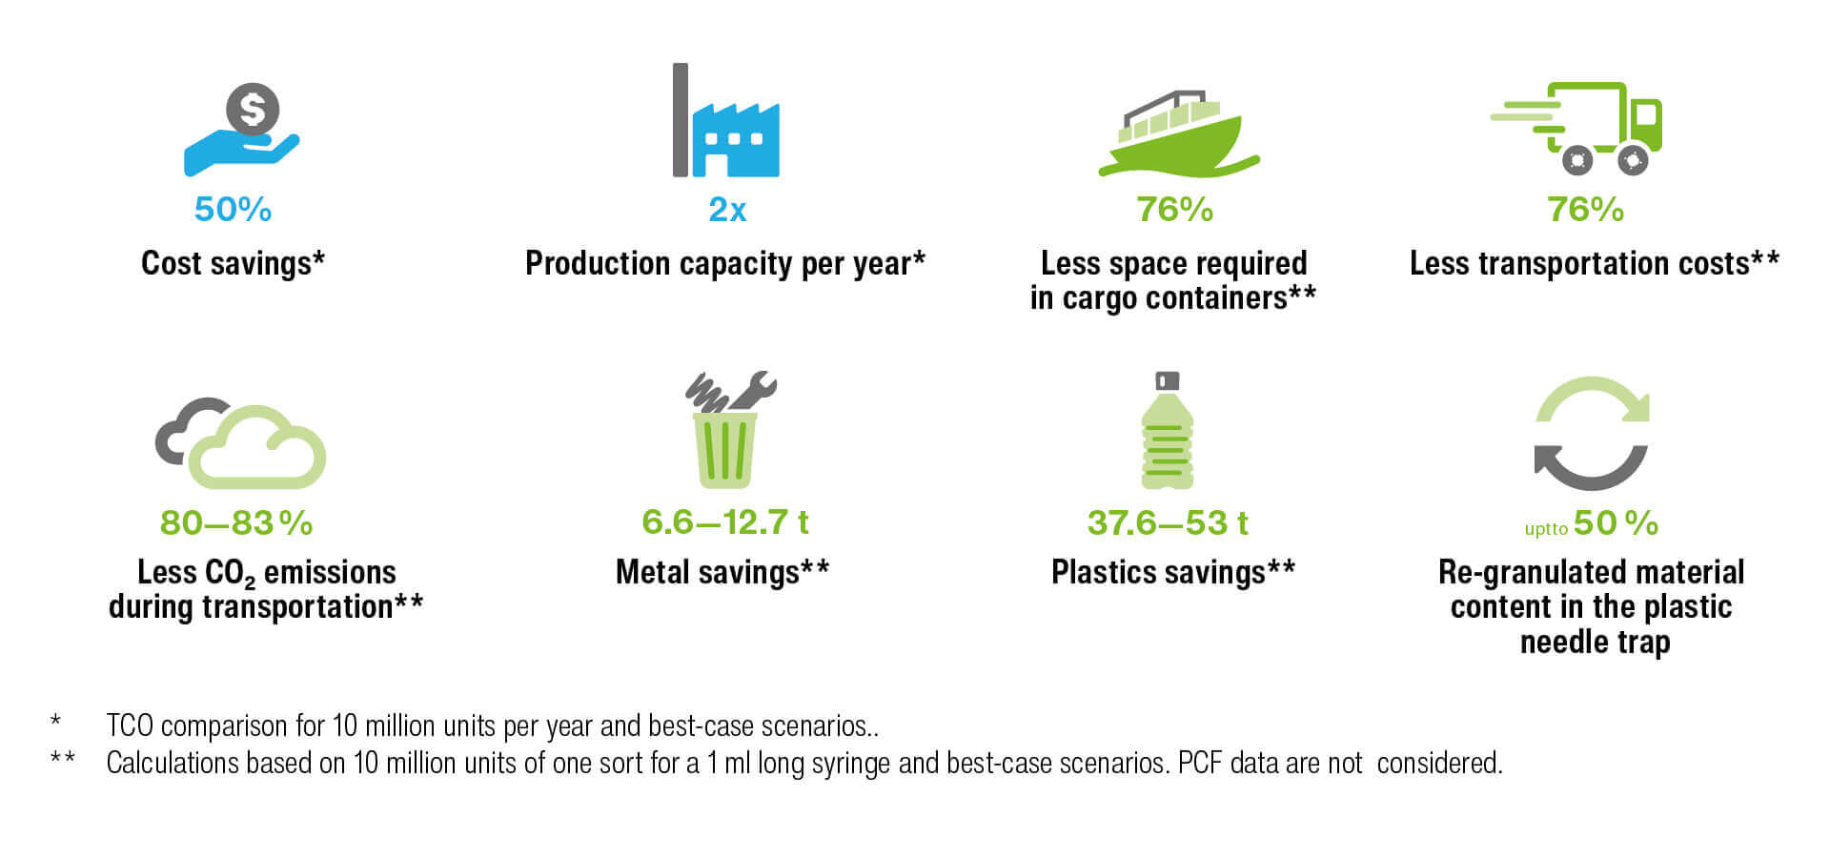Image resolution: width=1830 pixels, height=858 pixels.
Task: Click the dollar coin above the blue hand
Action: tap(253, 110)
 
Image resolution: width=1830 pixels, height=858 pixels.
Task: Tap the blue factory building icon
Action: tap(736, 139)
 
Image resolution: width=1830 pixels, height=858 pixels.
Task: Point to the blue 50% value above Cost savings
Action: tap(233, 210)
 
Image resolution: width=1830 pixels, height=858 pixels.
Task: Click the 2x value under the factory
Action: tap(727, 210)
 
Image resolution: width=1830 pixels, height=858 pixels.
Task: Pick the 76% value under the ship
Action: tap(1174, 210)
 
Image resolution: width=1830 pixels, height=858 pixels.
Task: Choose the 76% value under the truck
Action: tap(1585, 210)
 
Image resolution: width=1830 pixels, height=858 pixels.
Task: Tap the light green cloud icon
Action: tap(257, 448)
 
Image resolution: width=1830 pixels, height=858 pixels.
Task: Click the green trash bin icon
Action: tap(725, 450)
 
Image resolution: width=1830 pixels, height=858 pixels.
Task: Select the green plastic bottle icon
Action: tap(1168, 431)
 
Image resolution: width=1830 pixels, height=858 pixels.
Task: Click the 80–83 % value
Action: tap(236, 523)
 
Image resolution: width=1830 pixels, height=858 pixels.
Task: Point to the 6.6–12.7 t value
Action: tap(725, 522)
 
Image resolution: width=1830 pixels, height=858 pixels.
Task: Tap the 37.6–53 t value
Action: tap(1168, 523)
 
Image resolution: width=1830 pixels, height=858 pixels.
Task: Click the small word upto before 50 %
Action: tap(1546, 529)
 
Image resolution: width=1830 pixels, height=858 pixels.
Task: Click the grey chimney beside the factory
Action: tap(681, 120)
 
